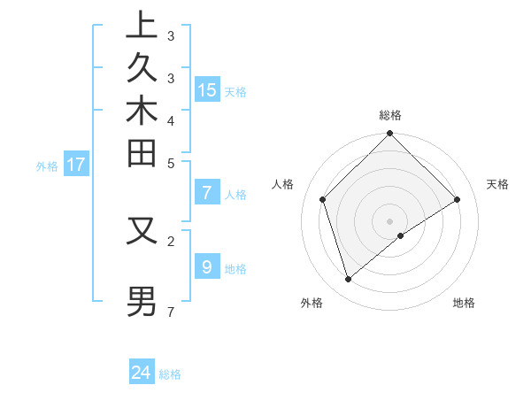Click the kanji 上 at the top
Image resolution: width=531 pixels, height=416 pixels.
(x=142, y=25)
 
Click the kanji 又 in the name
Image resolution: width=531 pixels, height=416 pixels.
(x=142, y=232)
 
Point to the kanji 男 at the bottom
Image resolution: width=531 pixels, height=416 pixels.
(x=142, y=300)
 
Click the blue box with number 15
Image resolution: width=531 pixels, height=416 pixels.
(x=207, y=89)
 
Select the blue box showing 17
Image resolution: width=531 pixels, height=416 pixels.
(x=76, y=164)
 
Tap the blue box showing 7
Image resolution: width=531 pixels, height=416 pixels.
(x=207, y=193)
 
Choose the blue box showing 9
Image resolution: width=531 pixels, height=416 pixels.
(x=207, y=267)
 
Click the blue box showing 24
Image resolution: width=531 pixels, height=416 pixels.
(x=142, y=373)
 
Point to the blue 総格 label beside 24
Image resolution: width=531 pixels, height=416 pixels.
(x=170, y=374)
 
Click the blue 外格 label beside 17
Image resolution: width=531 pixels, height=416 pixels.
(x=47, y=166)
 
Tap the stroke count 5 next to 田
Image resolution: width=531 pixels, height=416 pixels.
(x=171, y=163)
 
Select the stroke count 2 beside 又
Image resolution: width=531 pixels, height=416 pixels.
(x=171, y=240)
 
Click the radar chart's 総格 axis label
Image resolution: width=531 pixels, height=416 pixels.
(x=389, y=115)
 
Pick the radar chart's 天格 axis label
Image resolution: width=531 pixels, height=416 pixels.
(x=498, y=184)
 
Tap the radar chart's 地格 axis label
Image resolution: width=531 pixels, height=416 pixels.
(x=464, y=303)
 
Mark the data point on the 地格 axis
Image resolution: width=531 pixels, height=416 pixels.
(x=401, y=235)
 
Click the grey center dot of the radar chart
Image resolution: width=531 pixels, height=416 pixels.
(x=389, y=220)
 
